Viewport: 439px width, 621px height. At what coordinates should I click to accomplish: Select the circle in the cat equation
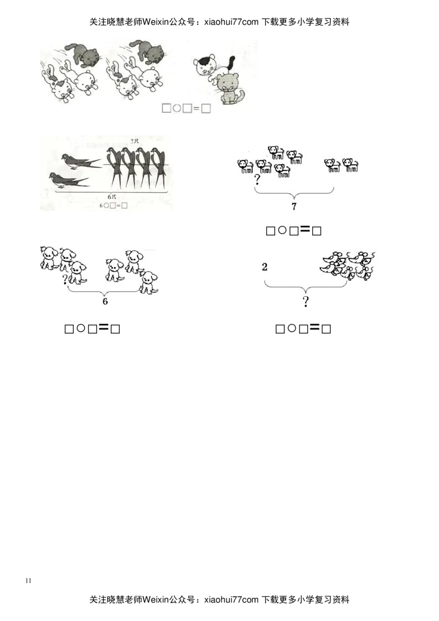coord(177,109)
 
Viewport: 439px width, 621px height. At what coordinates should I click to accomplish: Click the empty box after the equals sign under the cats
coord(206,109)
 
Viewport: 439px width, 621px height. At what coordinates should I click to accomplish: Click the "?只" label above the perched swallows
coord(135,141)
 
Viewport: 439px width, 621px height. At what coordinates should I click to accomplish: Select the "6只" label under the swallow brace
coord(112,196)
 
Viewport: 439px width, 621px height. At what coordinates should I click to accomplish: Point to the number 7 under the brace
coord(294,207)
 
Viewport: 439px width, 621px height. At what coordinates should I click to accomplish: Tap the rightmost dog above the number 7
coord(350,165)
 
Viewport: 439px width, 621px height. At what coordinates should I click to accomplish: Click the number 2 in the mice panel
coord(264,267)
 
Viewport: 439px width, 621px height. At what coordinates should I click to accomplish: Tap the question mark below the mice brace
coord(305,301)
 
